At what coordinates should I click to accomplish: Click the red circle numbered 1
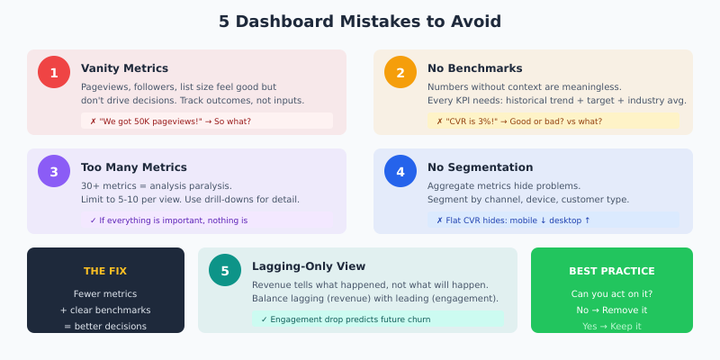[x=54, y=72]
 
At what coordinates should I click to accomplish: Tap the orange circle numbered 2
[x=400, y=72]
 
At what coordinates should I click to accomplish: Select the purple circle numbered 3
[x=54, y=171]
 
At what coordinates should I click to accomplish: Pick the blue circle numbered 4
[x=400, y=171]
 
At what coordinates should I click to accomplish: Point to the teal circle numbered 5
[x=225, y=270]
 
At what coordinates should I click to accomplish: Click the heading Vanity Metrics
[x=124, y=68]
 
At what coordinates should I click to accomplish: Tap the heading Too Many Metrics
[x=134, y=167]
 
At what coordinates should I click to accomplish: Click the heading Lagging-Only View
[x=309, y=266]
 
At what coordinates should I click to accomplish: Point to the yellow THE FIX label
[x=105, y=271]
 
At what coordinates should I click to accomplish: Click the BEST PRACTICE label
[x=612, y=271]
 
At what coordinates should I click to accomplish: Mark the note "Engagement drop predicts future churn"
[x=346, y=319]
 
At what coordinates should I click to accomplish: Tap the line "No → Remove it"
[x=612, y=310]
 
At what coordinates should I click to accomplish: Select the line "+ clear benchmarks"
[x=105, y=310]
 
